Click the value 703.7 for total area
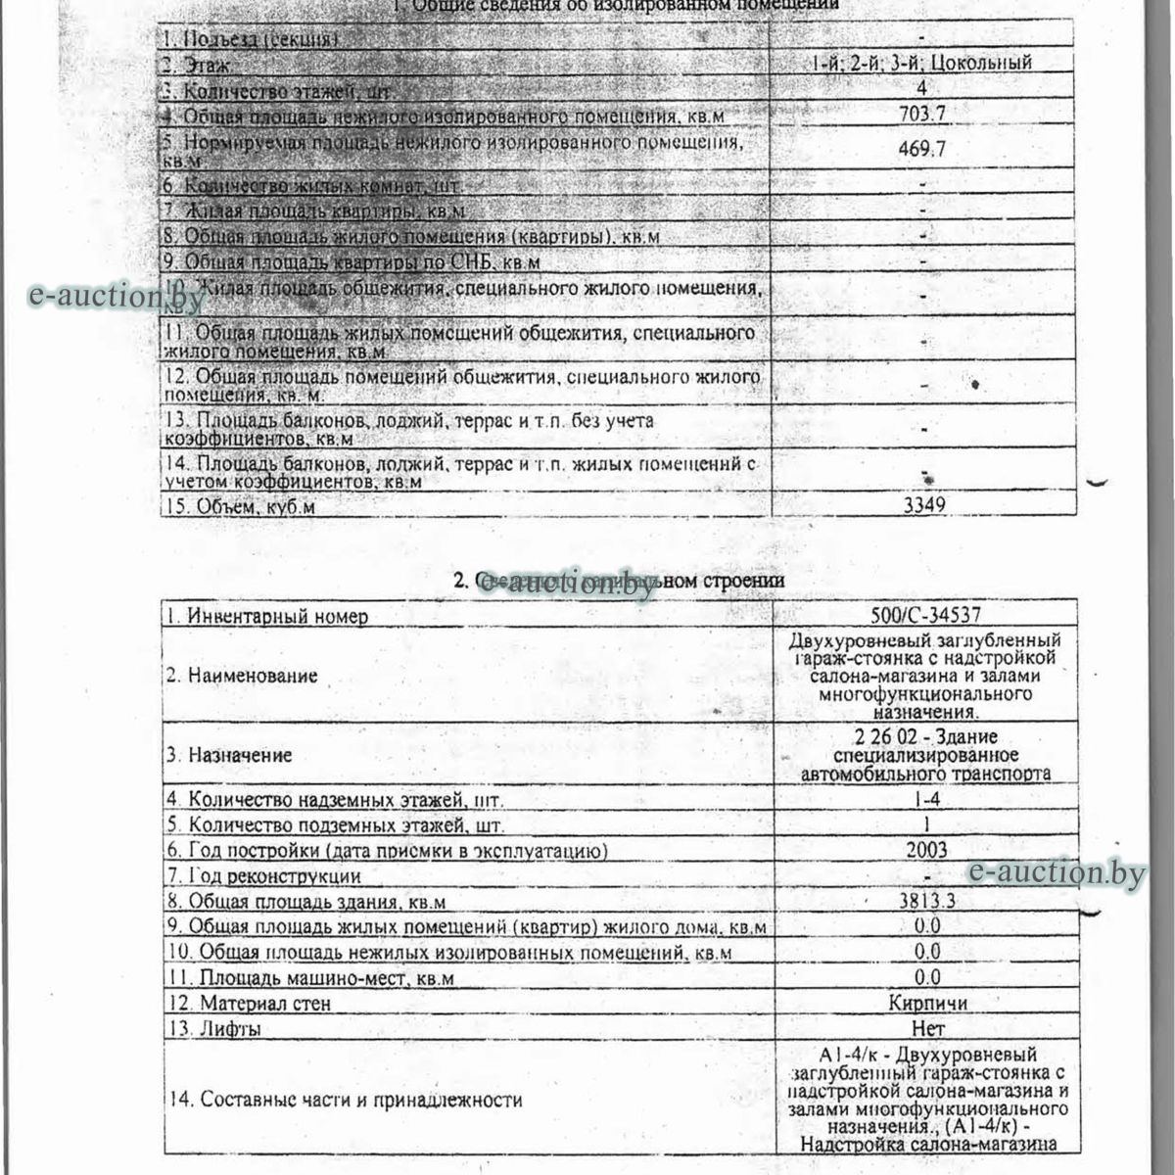pos(921,114)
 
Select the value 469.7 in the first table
pos(921,150)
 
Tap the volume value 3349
pos(923,504)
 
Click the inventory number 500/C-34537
pos(925,616)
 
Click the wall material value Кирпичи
pos(927,1003)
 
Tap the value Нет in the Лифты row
pos(927,1028)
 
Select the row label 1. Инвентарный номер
pos(266,617)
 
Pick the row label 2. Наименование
pos(241,676)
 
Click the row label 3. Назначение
pos(228,755)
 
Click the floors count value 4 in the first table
pos(921,88)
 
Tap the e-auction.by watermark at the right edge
pos(1057,873)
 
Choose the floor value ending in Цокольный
pos(921,63)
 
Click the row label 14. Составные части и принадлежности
pos(344,1100)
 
